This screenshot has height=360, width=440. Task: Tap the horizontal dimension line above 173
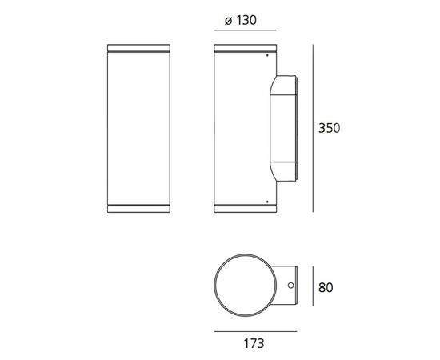click(255, 332)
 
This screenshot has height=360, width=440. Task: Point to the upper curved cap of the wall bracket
click(284, 83)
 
